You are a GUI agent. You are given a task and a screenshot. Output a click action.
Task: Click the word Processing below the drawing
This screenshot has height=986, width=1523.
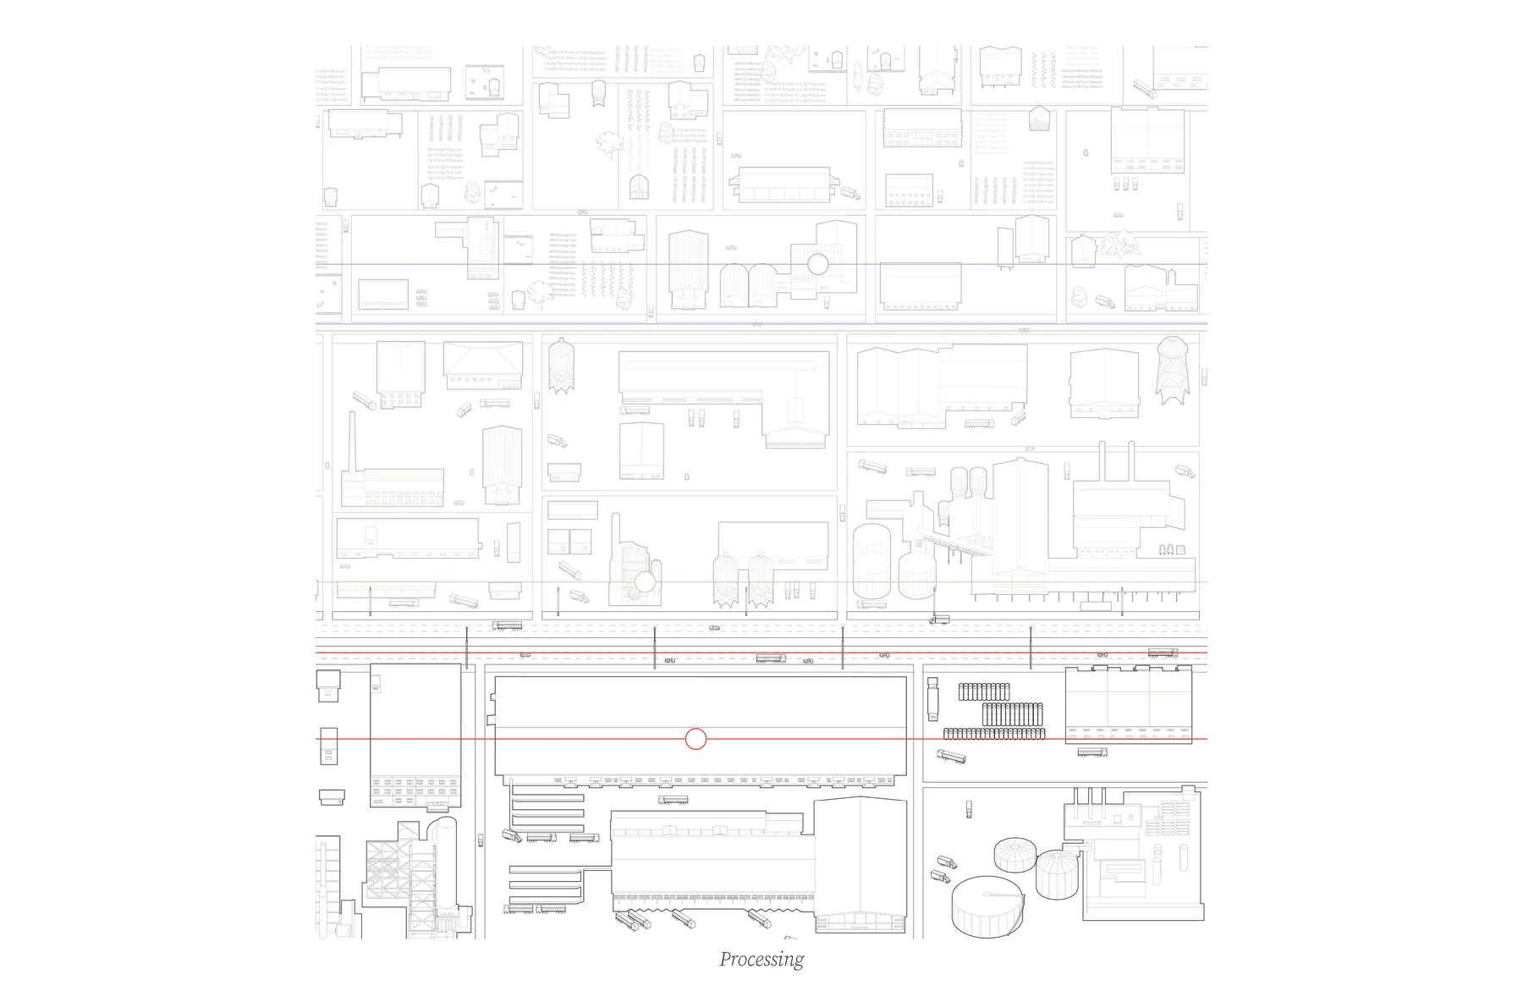[x=761, y=959]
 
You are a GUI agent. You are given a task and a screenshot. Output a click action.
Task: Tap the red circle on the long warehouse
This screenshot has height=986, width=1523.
[x=696, y=740]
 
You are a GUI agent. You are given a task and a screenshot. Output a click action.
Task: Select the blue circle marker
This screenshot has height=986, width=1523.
[x=817, y=264]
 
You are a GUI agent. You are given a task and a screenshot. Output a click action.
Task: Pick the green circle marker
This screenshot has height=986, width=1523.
[x=646, y=581]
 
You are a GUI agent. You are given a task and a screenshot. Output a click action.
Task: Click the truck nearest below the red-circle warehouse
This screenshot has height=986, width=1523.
[x=673, y=800]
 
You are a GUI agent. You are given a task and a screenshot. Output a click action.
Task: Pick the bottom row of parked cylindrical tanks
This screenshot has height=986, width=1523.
[x=994, y=733]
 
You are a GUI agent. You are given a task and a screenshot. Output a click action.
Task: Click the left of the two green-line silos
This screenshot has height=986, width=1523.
[x=725, y=580]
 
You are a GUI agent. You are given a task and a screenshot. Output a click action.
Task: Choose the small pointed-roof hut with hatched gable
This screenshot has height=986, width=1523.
[x=1040, y=118]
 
